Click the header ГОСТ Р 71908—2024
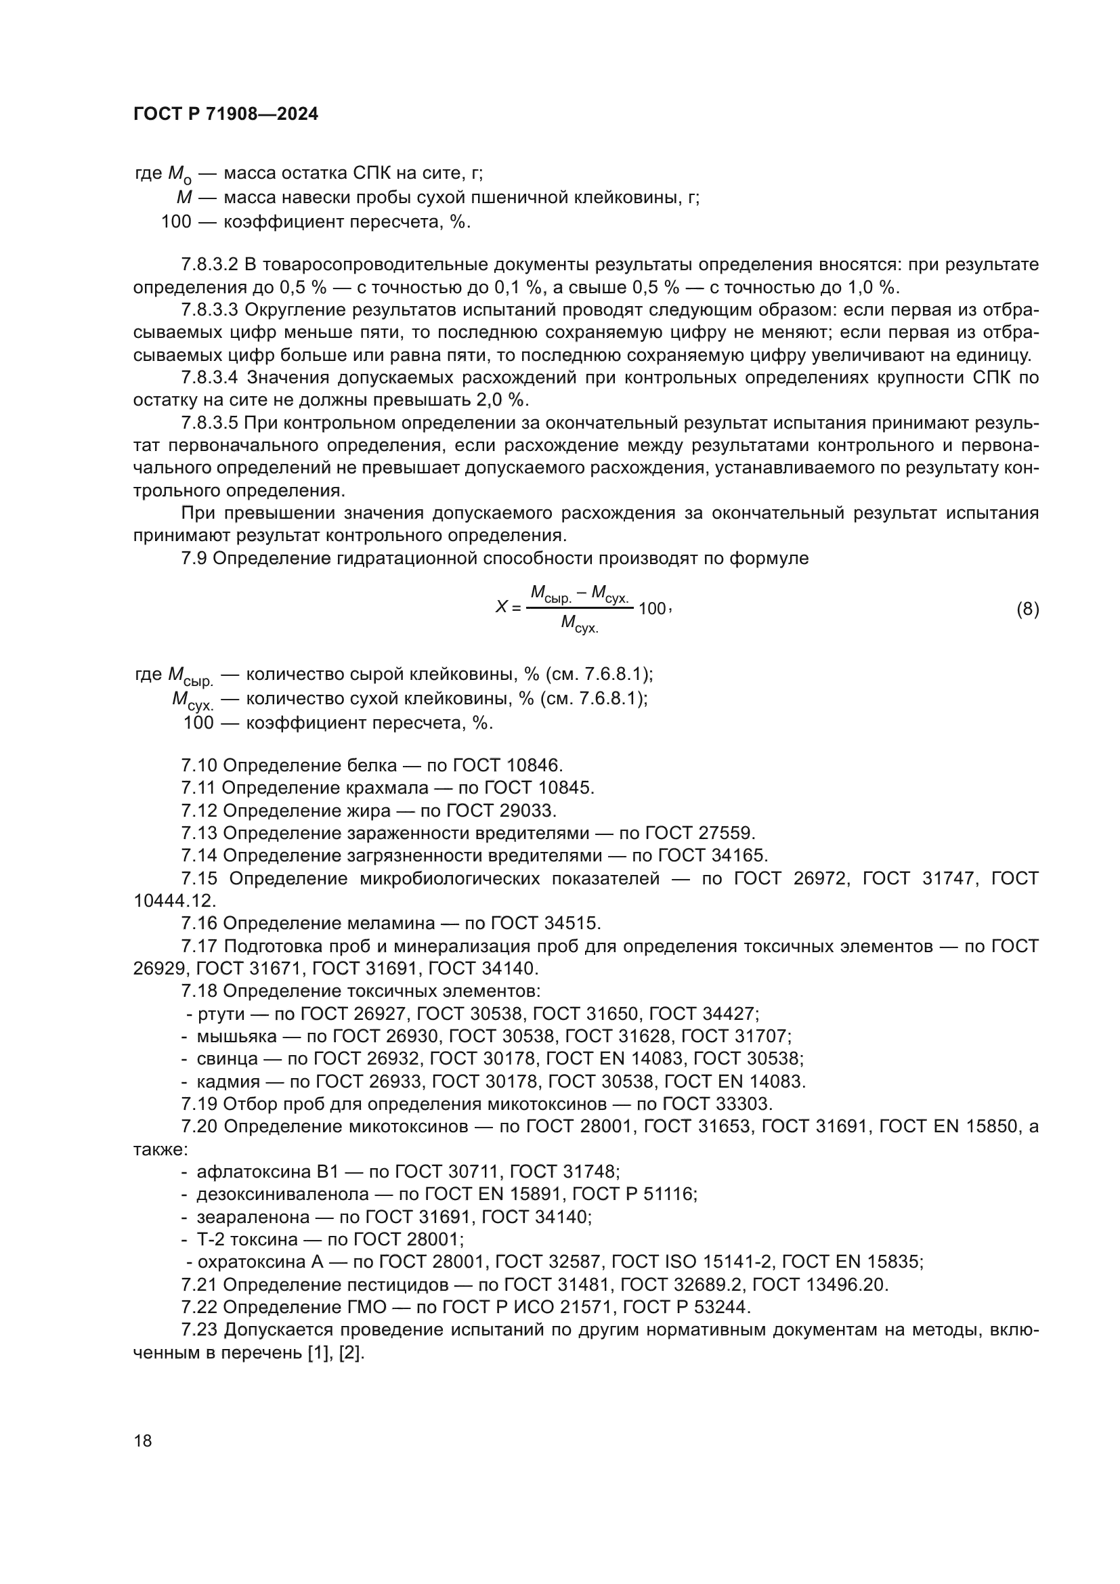click(225, 114)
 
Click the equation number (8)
click(1028, 609)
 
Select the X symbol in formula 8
click(501, 607)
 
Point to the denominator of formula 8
click(580, 624)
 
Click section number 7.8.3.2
click(210, 265)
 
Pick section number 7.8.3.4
click(210, 377)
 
